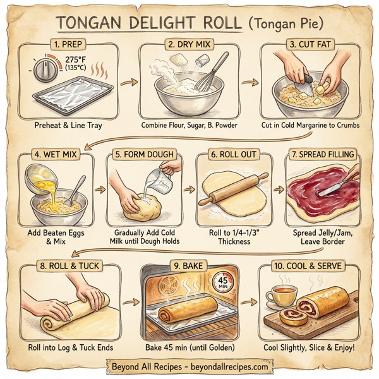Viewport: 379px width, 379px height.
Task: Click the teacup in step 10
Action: pos(281,296)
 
